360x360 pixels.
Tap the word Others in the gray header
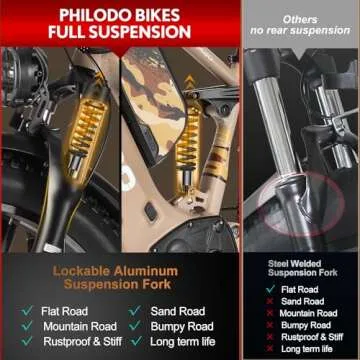click(x=299, y=18)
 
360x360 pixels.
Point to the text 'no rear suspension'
click(x=299, y=30)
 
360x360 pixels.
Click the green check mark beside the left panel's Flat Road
click(x=26, y=311)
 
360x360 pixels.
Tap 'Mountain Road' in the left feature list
click(x=79, y=326)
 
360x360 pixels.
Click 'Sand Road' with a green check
click(x=179, y=311)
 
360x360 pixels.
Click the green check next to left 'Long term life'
click(x=134, y=341)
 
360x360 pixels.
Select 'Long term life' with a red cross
click(x=308, y=348)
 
